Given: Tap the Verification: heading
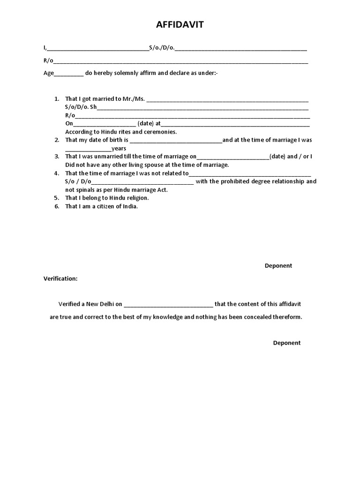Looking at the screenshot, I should [x=60, y=278].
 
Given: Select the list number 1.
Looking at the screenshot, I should [x=57, y=99].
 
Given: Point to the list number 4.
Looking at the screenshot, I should [x=57, y=173].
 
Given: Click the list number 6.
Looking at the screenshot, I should [x=57, y=206].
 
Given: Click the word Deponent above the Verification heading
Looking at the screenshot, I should [x=278, y=266].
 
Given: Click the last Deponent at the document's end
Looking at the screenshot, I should [x=287, y=343].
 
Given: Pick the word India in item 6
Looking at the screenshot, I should [x=130, y=206].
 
